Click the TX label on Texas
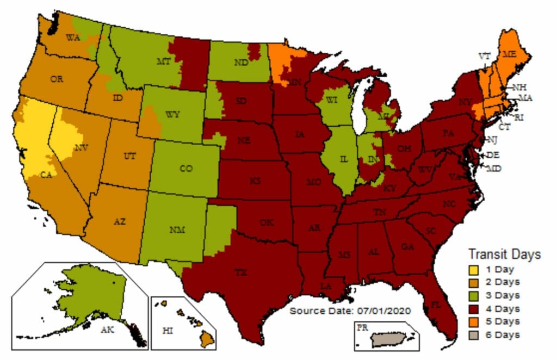tap(240, 273)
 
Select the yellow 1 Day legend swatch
tap(474, 269)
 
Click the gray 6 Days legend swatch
tap(474, 334)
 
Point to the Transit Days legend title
tap(504, 255)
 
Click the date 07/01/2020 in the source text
tap(383, 311)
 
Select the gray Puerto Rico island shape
tap(391, 339)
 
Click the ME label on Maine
tap(509, 54)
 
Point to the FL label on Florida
tap(436, 305)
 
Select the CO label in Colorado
tap(186, 169)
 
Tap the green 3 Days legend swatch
tap(474, 295)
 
